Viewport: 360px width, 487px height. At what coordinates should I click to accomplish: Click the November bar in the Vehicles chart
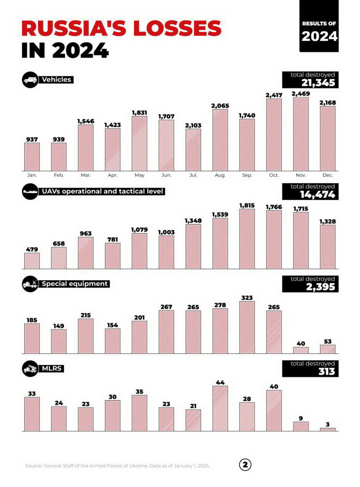(301, 134)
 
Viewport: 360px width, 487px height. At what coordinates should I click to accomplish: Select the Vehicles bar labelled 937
(32, 157)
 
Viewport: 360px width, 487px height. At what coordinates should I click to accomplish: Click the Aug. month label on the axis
(220, 175)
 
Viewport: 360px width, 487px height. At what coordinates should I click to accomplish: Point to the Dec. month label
(328, 175)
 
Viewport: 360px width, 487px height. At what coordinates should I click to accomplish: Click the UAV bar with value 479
(32, 261)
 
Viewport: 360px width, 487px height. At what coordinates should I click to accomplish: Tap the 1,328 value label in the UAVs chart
(328, 222)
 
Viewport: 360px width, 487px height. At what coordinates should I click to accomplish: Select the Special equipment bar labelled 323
(247, 327)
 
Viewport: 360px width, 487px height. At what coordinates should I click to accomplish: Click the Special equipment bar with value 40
(301, 350)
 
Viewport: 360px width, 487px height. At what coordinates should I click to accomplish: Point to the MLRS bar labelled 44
(220, 408)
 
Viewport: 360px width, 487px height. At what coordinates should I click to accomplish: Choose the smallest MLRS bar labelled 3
(328, 429)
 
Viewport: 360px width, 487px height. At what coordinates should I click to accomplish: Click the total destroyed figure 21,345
(318, 83)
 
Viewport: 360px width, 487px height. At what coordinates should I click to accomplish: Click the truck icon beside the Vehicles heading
(30, 80)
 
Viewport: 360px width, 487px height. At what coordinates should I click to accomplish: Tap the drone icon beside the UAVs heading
(30, 191)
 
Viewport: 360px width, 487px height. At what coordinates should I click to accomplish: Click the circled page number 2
(245, 465)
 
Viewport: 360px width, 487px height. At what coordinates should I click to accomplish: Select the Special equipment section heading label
(75, 284)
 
